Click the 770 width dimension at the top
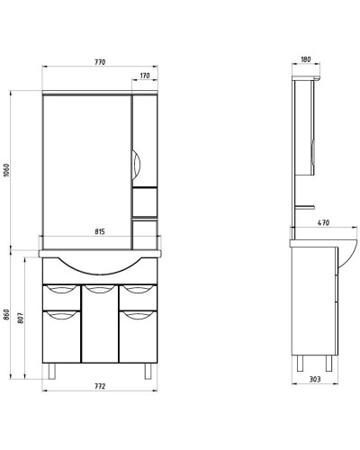(99, 61)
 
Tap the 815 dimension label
(99, 232)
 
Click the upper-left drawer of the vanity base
(61, 291)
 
